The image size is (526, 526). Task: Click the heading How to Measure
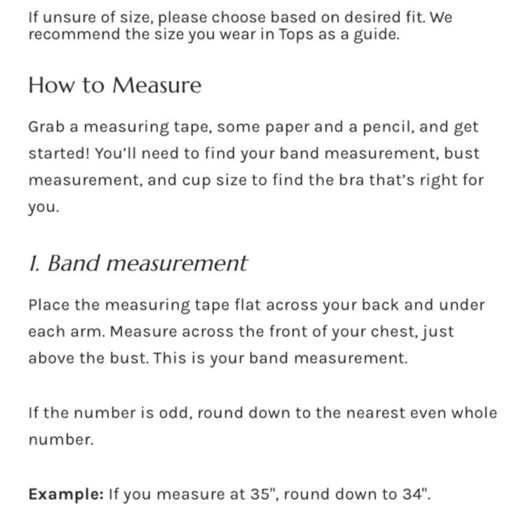[115, 85]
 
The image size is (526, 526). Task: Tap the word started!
[59, 154]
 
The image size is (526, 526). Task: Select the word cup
[196, 180]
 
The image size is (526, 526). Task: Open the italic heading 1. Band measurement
[138, 263]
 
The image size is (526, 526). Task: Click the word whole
[474, 412]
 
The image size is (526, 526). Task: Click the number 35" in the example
[259, 494]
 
